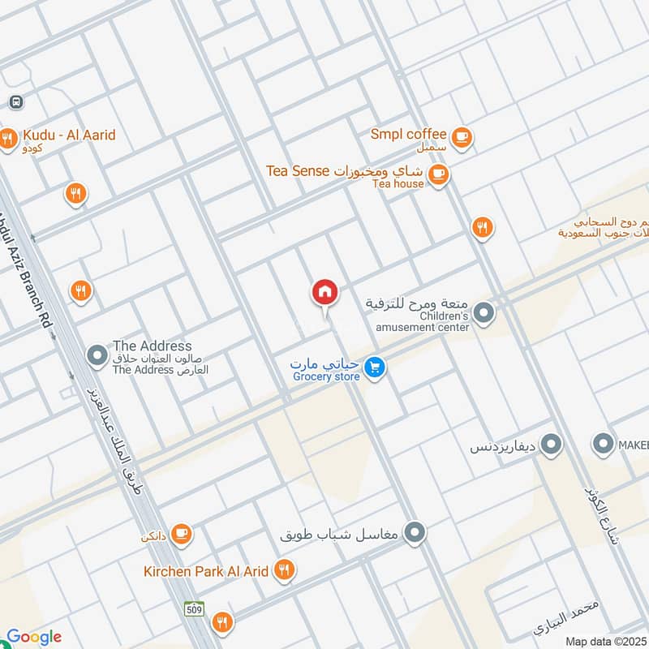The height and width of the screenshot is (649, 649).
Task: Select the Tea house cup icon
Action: (438, 174)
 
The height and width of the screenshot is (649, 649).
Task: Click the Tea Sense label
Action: (298, 171)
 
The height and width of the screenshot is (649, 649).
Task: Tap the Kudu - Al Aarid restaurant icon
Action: (8, 139)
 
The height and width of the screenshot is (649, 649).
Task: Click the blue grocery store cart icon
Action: (374, 367)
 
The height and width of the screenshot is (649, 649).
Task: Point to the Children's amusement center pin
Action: (484, 312)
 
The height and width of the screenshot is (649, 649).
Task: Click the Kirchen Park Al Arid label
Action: (206, 571)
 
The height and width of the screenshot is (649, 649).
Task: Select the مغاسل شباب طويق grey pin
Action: (415, 533)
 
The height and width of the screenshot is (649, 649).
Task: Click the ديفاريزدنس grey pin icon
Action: (552, 445)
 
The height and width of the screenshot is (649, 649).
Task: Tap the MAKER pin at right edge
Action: (603, 445)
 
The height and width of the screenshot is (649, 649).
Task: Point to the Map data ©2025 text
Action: (605, 641)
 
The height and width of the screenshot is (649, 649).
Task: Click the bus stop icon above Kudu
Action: (15, 102)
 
